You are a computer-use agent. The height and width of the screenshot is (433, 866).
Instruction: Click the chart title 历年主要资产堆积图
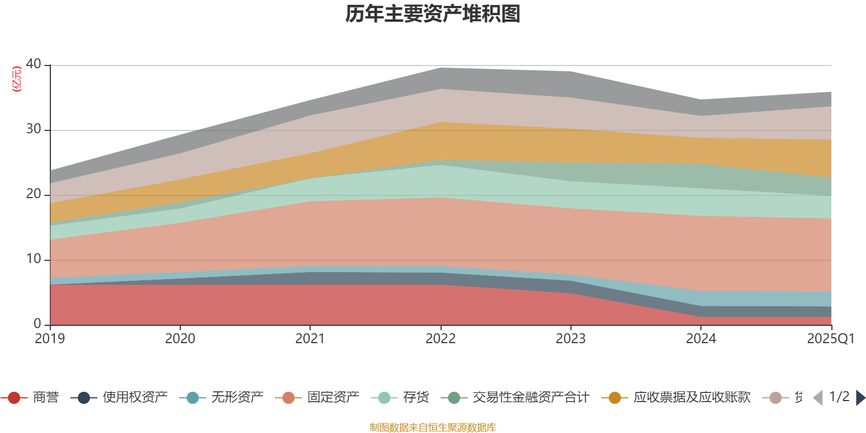click(433, 14)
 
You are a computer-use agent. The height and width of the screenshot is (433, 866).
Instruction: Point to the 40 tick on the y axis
click(34, 64)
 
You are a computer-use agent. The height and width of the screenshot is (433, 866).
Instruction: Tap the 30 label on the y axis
click(34, 129)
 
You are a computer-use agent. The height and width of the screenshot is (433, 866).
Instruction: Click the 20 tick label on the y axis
click(34, 194)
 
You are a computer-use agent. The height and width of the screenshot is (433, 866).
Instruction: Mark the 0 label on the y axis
click(37, 324)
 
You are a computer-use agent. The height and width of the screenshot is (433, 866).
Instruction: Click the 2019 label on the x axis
click(50, 339)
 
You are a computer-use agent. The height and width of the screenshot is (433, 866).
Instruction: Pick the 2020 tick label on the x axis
click(180, 339)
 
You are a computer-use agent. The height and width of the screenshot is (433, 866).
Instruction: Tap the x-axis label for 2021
click(310, 339)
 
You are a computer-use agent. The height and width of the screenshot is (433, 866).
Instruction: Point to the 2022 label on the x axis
click(441, 339)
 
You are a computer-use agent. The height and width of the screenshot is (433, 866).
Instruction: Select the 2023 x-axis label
click(570, 339)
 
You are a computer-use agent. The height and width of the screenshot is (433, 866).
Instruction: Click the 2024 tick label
click(701, 339)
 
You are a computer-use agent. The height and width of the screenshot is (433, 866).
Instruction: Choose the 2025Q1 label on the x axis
click(830, 339)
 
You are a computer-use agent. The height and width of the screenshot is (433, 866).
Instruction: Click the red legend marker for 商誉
click(14, 398)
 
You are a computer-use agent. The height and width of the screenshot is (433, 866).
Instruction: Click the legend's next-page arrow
click(860, 398)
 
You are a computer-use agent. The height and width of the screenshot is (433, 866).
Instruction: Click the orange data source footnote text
click(433, 428)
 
